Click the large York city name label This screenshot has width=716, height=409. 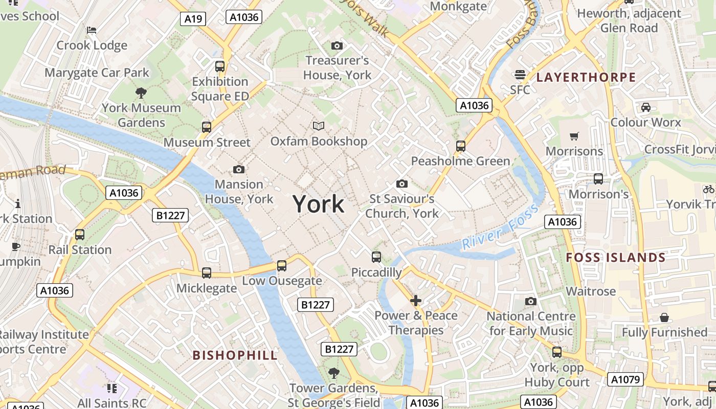[x=319, y=204]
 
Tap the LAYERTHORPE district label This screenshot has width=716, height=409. [x=586, y=78]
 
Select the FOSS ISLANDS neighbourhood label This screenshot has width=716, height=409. [x=616, y=258]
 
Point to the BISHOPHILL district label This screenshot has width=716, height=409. [x=235, y=355]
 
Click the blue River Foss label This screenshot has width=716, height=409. [x=501, y=227]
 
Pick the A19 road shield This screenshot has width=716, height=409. [x=193, y=19]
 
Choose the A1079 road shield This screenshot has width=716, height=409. [x=625, y=379]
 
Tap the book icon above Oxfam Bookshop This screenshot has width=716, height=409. [x=319, y=126]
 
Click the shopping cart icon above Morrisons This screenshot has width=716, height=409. [x=574, y=136]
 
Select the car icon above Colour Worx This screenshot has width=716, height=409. [x=645, y=107]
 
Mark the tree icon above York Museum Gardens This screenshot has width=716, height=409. [x=141, y=93]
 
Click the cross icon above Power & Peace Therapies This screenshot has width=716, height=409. [x=416, y=300]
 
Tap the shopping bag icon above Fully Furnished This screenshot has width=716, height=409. [x=664, y=317]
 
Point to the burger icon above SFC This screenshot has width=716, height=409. [x=520, y=75]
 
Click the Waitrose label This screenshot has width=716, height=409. [x=591, y=291]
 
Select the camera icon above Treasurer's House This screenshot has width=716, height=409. [x=337, y=46]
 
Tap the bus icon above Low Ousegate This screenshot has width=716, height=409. [x=282, y=266]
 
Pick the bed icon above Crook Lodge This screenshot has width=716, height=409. [x=92, y=30]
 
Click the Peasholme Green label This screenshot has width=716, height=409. [x=460, y=162]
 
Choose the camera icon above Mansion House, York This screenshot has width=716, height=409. [x=238, y=169]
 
